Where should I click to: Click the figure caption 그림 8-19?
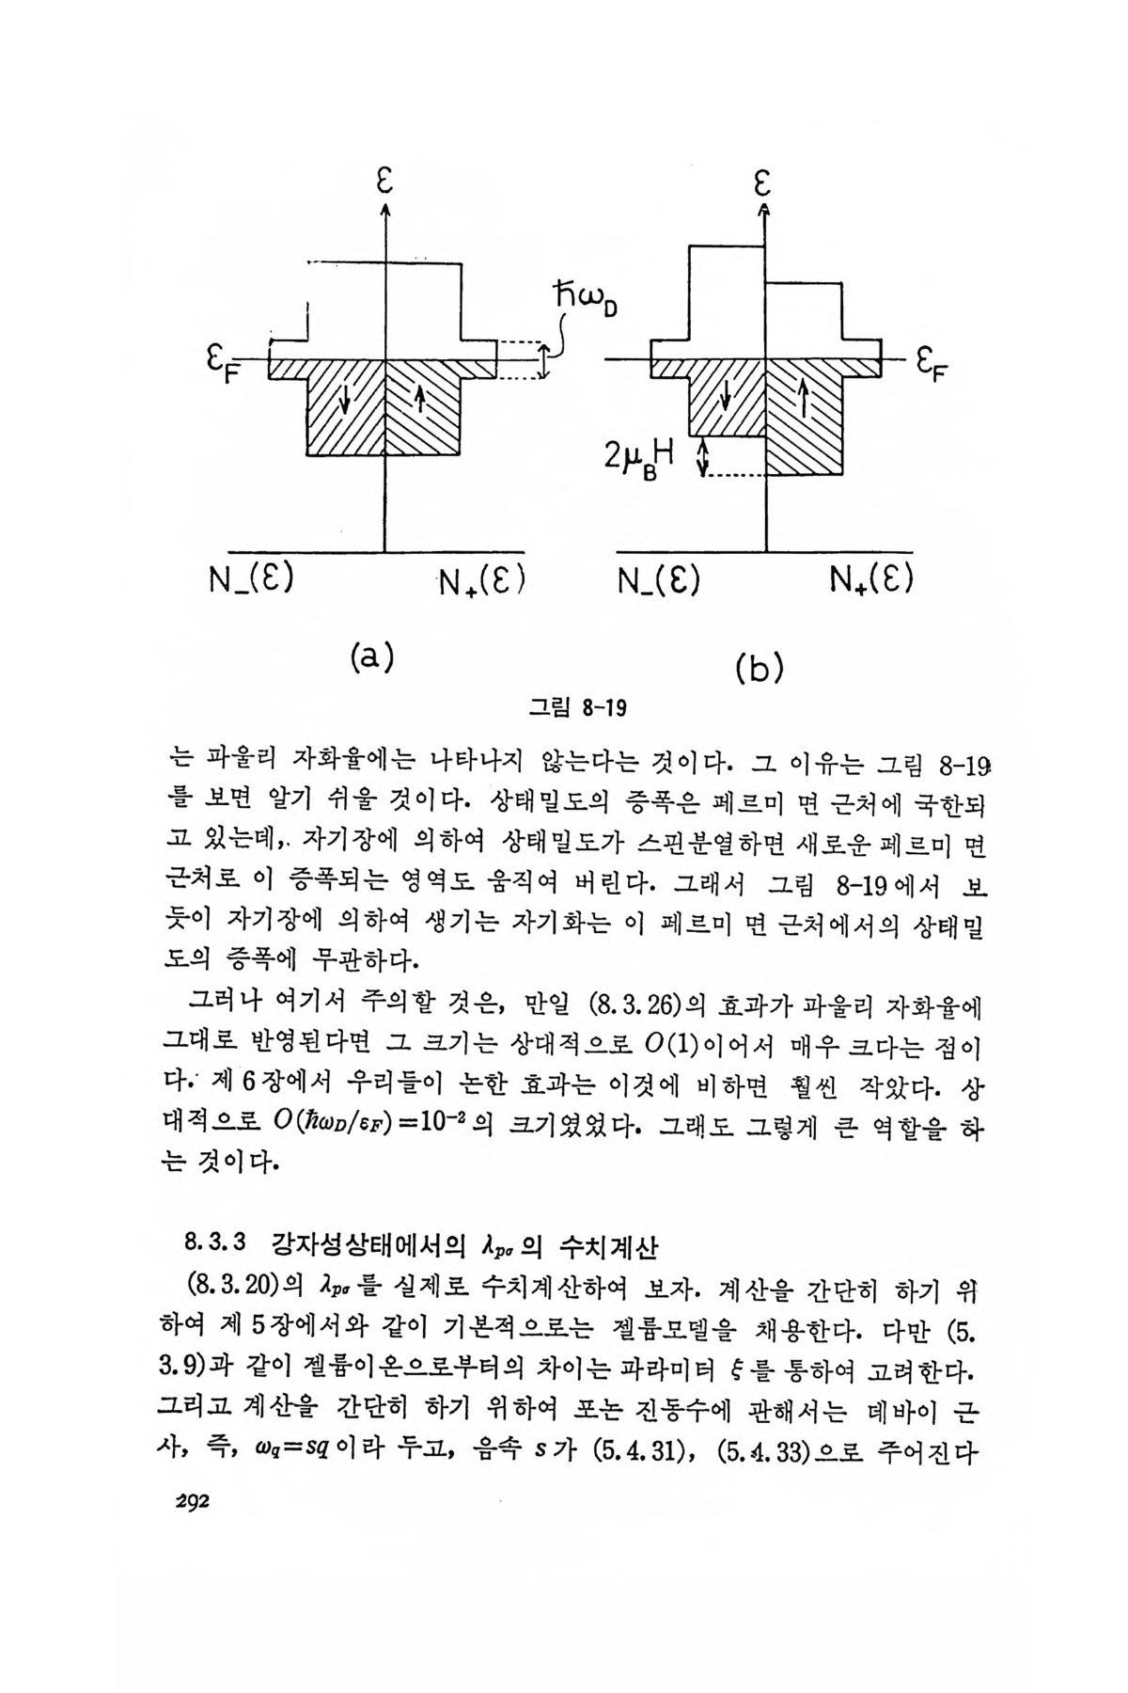(x=576, y=707)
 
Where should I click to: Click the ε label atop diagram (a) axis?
(x=384, y=182)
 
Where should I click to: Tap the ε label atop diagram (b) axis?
(x=764, y=182)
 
